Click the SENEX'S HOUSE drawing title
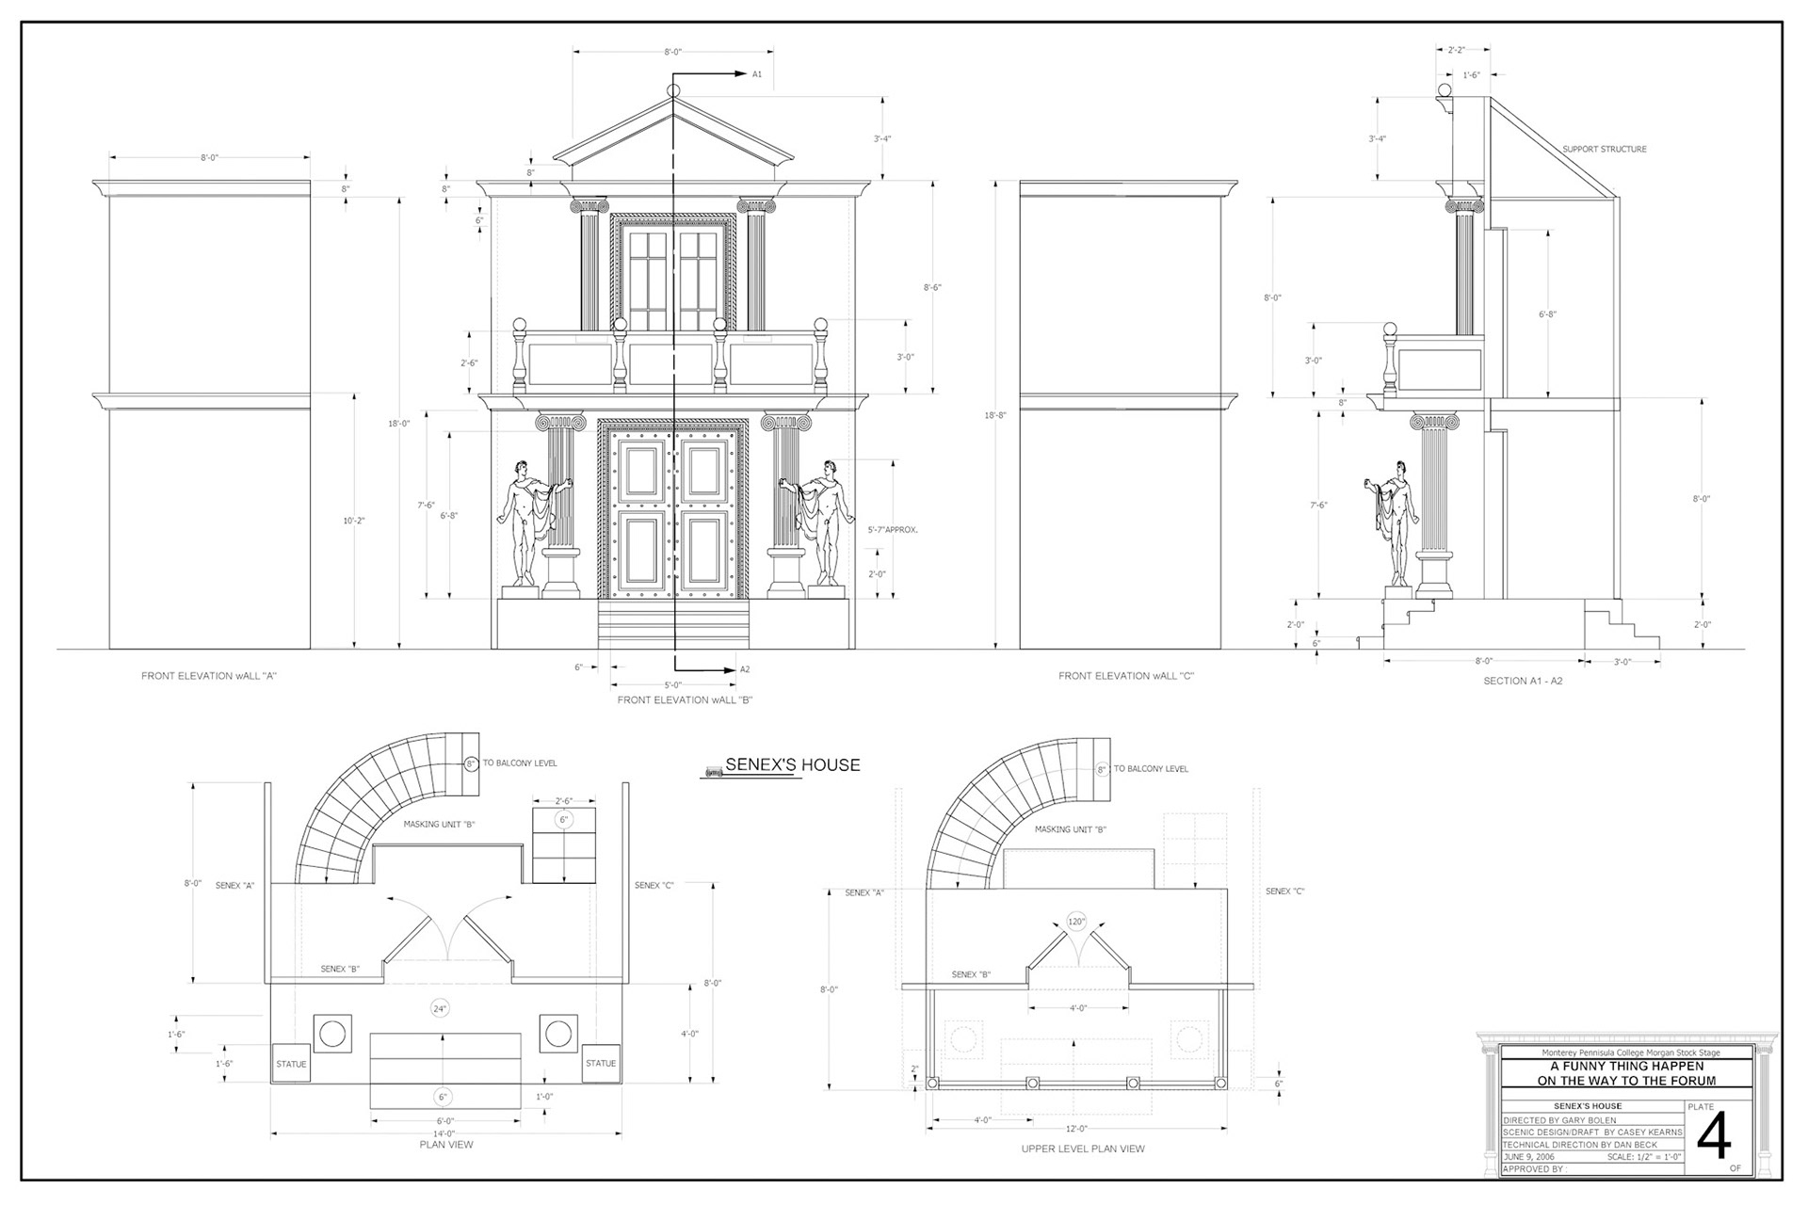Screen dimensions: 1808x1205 (792, 765)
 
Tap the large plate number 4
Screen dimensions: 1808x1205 (1714, 1139)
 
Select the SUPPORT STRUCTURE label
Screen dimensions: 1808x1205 (1605, 150)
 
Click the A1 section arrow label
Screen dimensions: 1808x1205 (757, 73)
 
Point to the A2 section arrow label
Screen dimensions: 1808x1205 (745, 669)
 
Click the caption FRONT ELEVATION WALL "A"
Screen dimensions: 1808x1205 (209, 676)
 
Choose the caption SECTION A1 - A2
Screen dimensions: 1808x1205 (1523, 681)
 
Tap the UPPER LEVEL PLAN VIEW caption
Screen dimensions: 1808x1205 (1083, 1149)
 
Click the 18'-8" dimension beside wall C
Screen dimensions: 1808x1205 (994, 415)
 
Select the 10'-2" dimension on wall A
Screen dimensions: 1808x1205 (353, 521)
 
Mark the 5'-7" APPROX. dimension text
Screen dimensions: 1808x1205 (892, 530)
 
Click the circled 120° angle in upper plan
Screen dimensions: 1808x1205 (1076, 922)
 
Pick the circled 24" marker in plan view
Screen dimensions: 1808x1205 (440, 1009)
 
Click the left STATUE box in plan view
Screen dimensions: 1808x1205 (291, 1064)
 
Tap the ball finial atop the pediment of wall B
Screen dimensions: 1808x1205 (673, 90)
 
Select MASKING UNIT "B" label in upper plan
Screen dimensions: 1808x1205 (1071, 830)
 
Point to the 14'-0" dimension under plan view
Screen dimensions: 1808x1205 (445, 1133)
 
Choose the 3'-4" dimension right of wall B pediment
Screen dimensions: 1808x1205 (881, 139)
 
